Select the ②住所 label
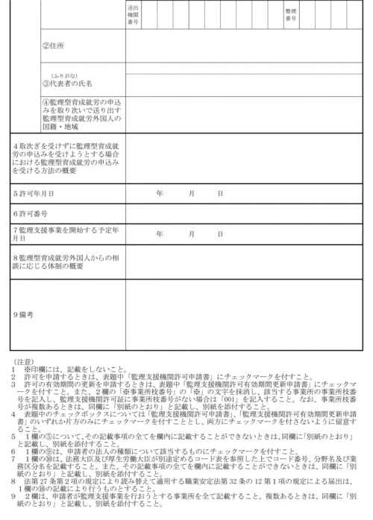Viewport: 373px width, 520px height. (x=53, y=45)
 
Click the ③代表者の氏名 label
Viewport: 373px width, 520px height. (x=67, y=83)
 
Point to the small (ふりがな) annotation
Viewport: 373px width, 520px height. (x=60, y=75)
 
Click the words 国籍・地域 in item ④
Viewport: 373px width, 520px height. (x=60, y=126)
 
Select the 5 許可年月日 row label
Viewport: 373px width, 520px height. (x=34, y=192)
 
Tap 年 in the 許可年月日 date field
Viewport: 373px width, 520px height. (x=160, y=192)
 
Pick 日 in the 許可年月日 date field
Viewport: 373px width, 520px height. (x=219, y=192)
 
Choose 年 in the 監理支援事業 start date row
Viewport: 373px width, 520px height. (x=160, y=233)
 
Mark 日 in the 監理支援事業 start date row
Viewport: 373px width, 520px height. (x=219, y=233)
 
